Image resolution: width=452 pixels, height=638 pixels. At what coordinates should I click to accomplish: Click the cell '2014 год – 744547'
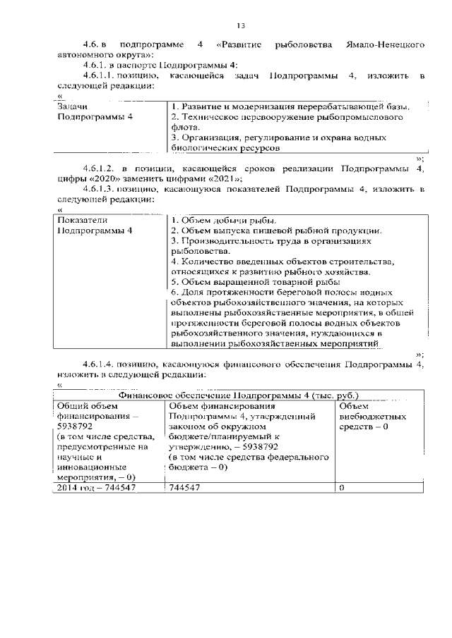[x=96, y=487]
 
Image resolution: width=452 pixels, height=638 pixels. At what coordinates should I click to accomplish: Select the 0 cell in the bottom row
[x=342, y=487]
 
